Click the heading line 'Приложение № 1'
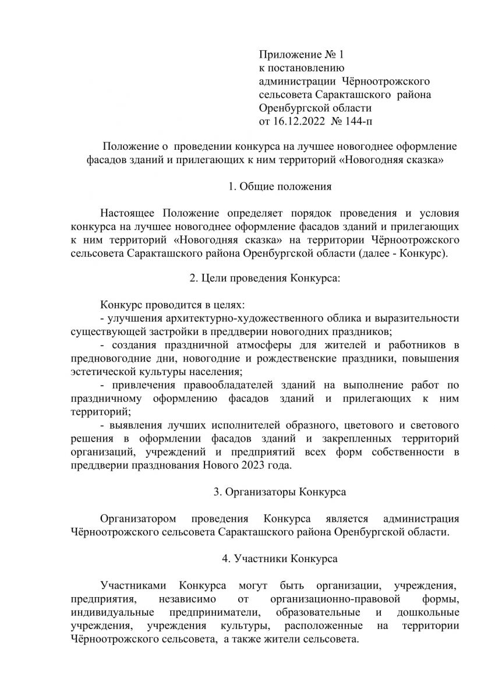coord(302,55)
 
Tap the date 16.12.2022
coord(299,122)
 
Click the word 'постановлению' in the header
coord(295,69)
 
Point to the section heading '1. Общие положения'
coord(280,187)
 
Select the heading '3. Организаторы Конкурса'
coord(280,492)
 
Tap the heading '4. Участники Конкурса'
coord(280,559)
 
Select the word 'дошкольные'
coord(428,612)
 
